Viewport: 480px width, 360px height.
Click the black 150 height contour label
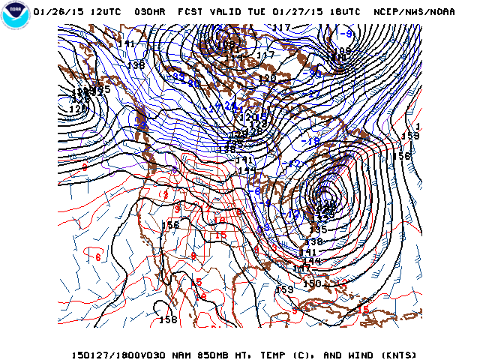(312, 283)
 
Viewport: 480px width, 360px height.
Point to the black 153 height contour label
(284, 289)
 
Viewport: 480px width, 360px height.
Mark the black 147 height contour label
(301, 268)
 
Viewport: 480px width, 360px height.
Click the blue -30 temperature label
(314, 74)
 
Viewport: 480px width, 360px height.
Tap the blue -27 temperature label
(313, 94)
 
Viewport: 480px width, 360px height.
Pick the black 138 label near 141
(136, 65)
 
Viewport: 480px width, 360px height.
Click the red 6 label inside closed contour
(98, 256)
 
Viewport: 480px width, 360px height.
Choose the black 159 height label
(409, 136)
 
